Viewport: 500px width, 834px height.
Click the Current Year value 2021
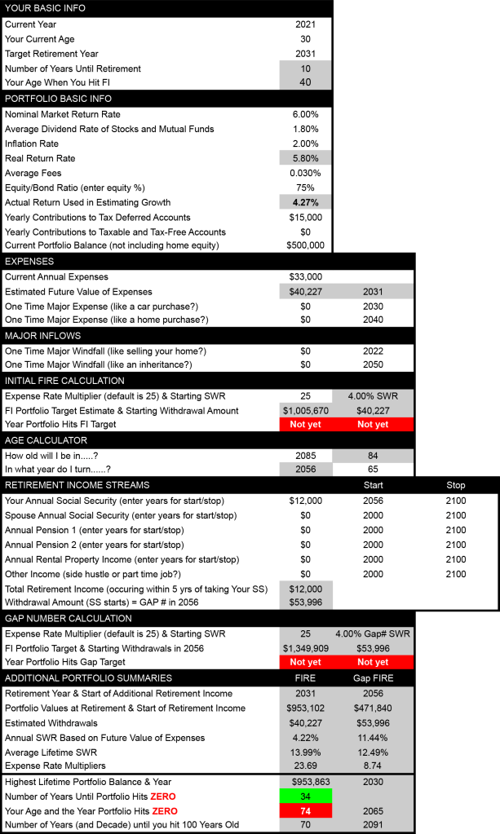(x=305, y=24)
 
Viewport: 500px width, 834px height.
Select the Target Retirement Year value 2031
(x=305, y=54)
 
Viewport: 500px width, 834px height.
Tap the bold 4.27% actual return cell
(x=305, y=202)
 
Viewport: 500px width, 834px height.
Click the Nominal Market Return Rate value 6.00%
(x=305, y=114)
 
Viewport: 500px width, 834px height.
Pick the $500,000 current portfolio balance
(x=305, y=245)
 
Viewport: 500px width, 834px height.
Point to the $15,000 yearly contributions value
(x=305, y=218)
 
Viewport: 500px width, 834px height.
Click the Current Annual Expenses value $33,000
(x=305, y=277)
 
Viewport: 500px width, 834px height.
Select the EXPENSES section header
(x=30, y=262)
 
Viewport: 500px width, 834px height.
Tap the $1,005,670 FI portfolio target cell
(x=305, y=410)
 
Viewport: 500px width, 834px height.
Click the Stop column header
(x=456, y=485)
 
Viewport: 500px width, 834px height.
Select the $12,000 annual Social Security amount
(x=305, y=501)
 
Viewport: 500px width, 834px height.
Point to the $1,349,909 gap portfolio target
(x=305, y=648)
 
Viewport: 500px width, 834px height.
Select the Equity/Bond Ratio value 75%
(x=305, y=188)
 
